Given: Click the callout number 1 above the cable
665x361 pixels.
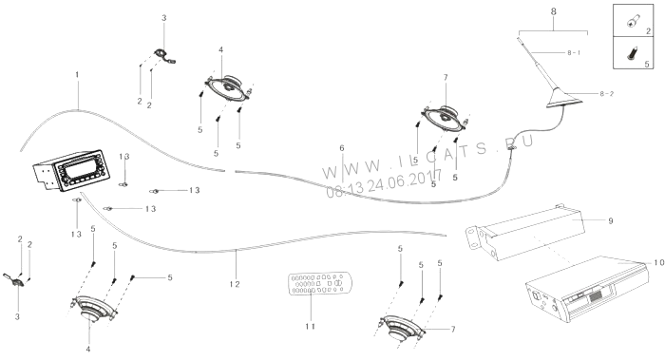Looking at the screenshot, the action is pos(77,75).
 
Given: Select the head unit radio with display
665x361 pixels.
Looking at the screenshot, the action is pos(71,170).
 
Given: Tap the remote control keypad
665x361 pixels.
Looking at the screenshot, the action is pos(320,283).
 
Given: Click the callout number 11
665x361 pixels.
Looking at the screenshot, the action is pos(311,326).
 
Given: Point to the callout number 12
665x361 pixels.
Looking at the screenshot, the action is pos(235,284).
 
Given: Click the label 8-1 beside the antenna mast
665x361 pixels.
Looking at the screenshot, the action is pos(574,52).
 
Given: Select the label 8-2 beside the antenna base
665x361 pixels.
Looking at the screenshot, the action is pos(606,94).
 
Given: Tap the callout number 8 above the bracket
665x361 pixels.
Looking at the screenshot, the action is pos(554,12).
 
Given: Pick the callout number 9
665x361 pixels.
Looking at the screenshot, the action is pos(611,221).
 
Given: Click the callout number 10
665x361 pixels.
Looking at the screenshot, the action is pos(658,263).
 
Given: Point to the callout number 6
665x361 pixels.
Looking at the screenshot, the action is pos(342,148).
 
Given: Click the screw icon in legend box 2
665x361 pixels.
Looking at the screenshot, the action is pos(633,21).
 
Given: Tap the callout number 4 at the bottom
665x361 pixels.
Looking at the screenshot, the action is pos(88,350).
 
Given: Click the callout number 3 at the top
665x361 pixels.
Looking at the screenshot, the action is pos(164,18).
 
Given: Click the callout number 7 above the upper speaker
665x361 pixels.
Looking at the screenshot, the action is pos(446,78).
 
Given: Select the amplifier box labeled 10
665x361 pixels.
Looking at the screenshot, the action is pos(588,290).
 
